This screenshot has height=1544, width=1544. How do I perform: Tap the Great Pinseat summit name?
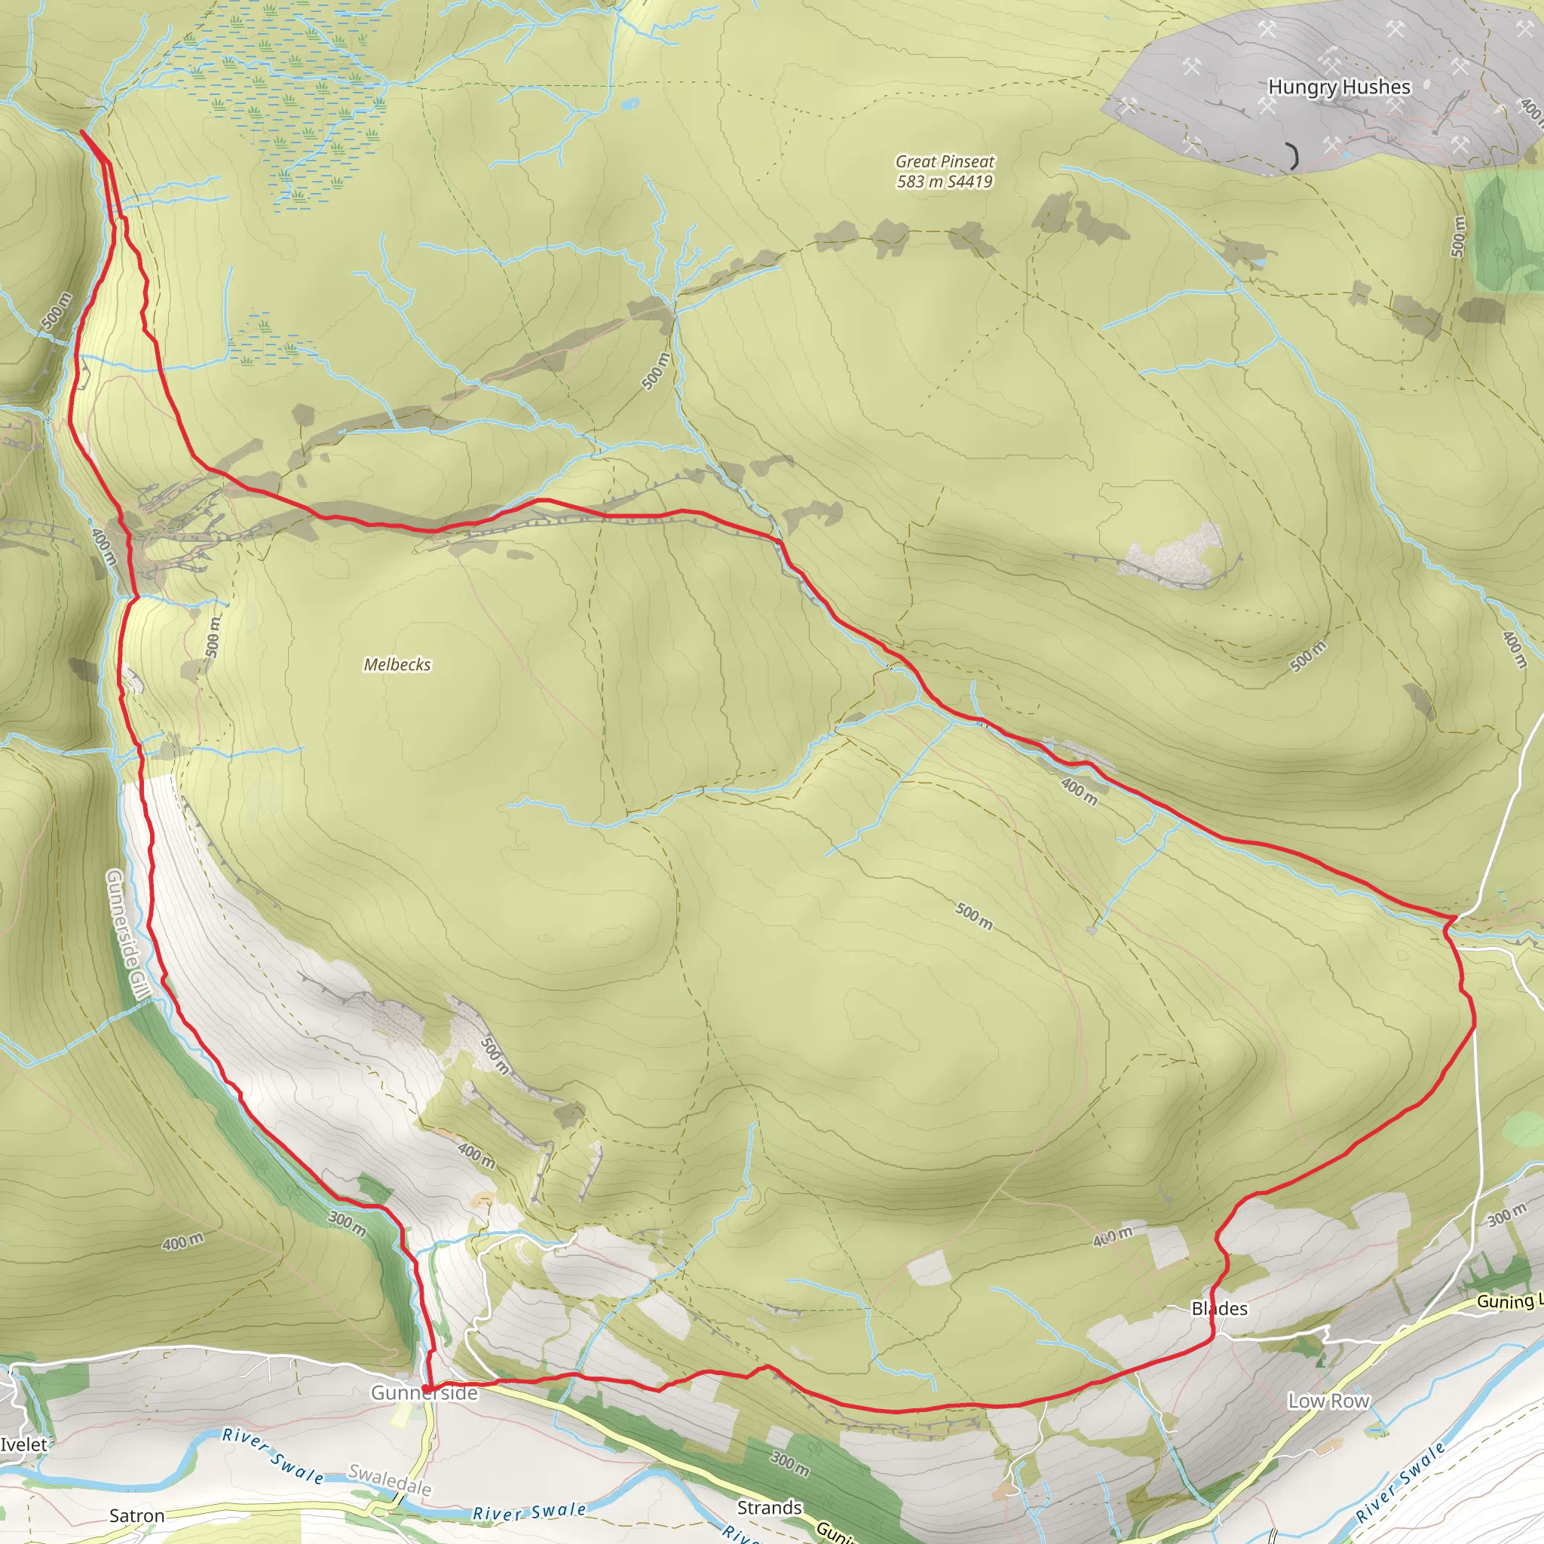(945, 161)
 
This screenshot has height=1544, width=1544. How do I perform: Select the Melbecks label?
(397, 664)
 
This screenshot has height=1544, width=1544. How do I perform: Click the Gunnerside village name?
(424, 1393)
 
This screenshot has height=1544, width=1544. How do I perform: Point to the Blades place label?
(1219, 1308)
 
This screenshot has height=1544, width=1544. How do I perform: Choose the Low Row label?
(1328, 1401)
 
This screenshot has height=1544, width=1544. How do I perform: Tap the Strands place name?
(769, 1507)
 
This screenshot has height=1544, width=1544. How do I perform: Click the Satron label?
(136, 1515)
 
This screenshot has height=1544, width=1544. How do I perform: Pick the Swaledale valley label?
(390, 1480)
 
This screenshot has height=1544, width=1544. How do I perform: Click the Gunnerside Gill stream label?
(128, 935)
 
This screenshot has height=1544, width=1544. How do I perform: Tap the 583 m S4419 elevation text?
(945, 182)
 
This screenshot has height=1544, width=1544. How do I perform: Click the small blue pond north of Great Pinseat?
(630, 103)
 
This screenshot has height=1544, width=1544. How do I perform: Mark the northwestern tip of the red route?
(82, 131)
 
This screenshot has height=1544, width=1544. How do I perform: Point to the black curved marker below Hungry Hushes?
(1292, 156)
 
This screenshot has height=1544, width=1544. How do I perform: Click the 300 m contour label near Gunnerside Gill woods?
(348, 1223)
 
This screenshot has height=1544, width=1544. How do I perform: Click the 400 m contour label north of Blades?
(1113, 1236)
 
